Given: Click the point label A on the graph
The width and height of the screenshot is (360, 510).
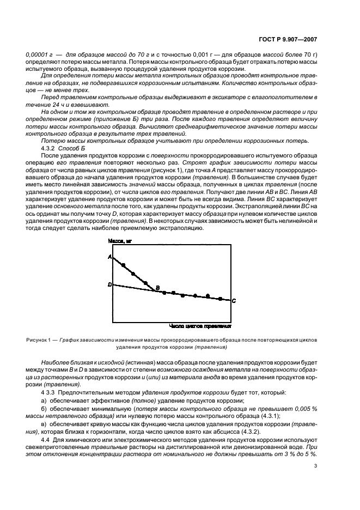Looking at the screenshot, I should [109, 257].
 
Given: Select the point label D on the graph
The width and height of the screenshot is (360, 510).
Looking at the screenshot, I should [109, 284].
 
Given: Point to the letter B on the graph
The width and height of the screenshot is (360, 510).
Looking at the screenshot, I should [157, 287].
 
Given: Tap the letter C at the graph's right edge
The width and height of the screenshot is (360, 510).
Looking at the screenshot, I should [234, 300].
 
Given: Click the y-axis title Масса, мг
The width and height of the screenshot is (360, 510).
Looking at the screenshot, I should [123, 240].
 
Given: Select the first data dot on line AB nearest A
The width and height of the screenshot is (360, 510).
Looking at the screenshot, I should [124, 265].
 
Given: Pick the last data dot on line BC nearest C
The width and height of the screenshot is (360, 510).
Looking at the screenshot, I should [220, 299].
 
